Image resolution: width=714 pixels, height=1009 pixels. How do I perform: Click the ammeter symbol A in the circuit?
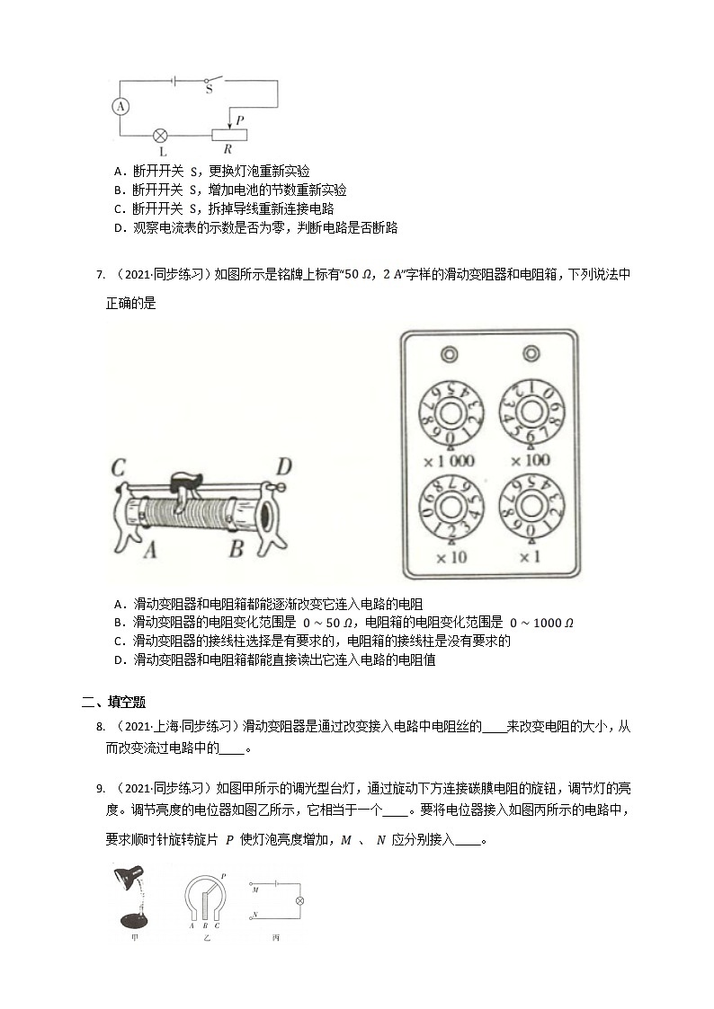[x=120, y=107]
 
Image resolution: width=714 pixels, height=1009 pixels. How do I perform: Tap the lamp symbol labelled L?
[x=162, y=136]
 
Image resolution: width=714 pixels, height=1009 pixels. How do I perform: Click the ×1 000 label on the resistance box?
[x=449, y=461]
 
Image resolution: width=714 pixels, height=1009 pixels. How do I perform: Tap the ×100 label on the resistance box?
[x=530, y=461]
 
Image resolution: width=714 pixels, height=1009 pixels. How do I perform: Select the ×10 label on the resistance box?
[x=448, y=558]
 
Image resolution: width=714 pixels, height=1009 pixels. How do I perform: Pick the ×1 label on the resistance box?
[x=530, y=558]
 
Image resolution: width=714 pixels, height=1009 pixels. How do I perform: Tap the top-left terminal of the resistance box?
[x=449, y=352]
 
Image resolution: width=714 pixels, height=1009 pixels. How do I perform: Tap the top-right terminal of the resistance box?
[x=531, y=352]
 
